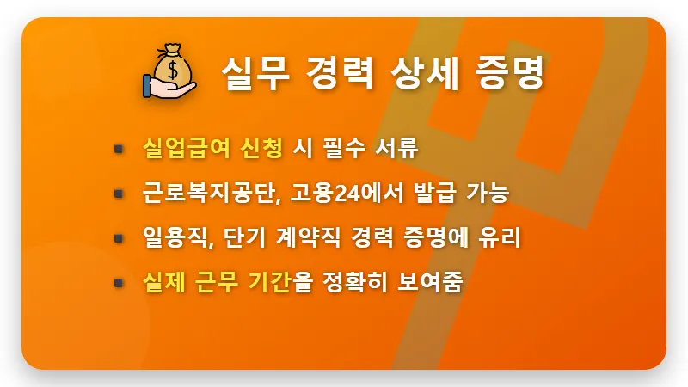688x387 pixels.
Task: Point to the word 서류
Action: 397,149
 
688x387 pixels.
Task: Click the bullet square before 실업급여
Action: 119,150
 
